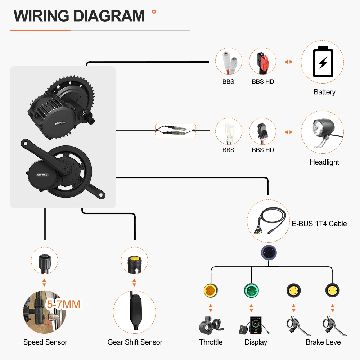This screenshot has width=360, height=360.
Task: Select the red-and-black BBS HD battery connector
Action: click(x=263, y=62)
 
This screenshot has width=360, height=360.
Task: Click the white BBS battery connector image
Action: click(x=228, y=62)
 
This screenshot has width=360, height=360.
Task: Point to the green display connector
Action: click(x=251, y=290)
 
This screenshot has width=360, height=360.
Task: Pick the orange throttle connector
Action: click(x=211, y=290)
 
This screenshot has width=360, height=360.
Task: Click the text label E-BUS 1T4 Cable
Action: click(x=319, y=224)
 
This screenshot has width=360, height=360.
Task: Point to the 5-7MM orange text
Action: click(x=63, y=305)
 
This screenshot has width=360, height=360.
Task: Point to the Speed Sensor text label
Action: click(x=45, y=342)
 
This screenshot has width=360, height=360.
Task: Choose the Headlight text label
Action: click(x=324, y=162)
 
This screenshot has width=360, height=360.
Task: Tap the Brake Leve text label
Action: click(x=323, y=342)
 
